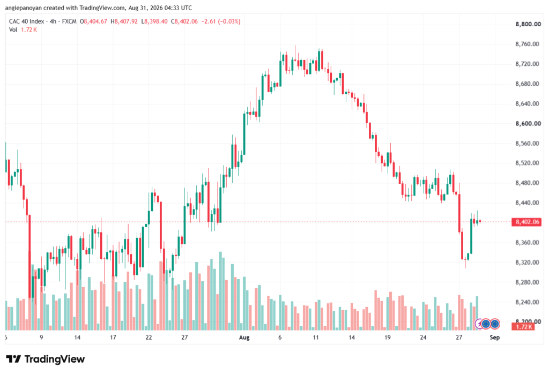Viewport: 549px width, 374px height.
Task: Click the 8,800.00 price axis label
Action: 528,24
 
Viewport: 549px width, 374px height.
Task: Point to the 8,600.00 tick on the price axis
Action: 528,123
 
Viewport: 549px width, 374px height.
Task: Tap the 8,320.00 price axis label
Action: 528,263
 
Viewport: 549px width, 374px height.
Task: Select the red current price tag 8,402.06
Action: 526,222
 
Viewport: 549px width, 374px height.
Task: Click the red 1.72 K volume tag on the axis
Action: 523,327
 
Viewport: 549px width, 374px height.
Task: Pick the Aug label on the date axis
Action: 244,337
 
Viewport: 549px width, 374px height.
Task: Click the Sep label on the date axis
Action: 494,337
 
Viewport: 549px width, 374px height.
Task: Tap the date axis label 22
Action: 149,337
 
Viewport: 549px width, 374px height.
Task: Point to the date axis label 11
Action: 316,337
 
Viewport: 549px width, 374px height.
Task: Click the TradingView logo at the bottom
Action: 46,359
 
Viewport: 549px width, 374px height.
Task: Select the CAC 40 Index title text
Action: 27,21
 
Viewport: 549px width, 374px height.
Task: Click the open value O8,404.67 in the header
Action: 93,21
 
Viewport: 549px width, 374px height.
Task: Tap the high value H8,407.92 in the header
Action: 124,21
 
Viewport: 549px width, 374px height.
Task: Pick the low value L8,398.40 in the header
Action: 154,21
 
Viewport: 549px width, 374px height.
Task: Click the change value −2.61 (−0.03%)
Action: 221,21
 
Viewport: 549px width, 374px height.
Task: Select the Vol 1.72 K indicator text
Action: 23,30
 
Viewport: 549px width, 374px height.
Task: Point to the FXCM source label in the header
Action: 69,21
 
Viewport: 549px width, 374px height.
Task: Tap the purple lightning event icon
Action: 479,324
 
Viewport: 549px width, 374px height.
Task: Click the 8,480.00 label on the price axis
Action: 528,183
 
